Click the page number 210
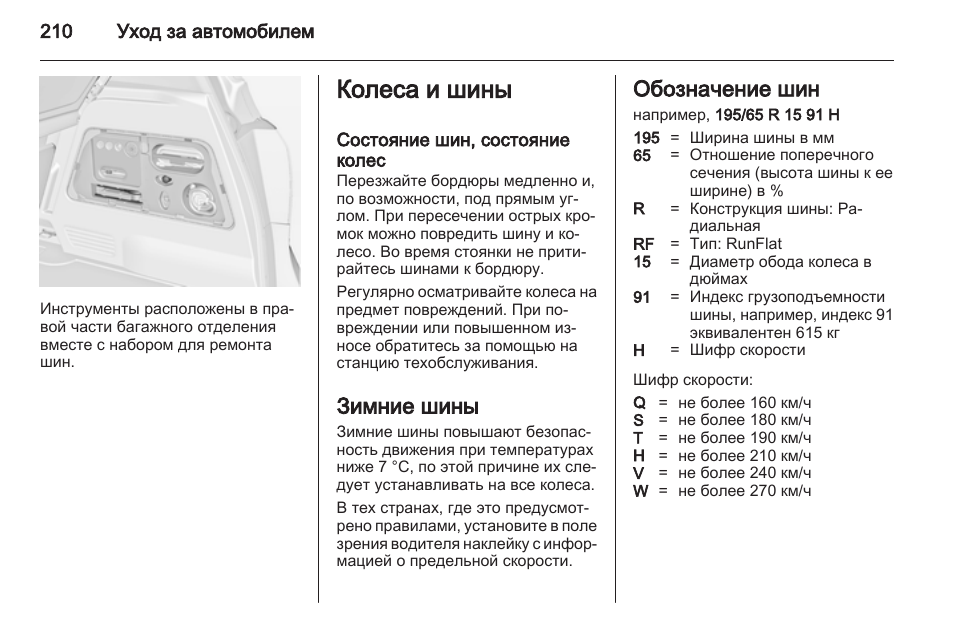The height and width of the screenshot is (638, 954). pos(56,32)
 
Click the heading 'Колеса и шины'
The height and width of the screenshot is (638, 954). pos(424,90)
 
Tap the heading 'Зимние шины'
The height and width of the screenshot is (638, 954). pos(407,406)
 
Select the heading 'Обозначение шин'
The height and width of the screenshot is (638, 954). pos(726,90)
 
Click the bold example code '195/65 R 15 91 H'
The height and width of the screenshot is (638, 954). pos(777,115)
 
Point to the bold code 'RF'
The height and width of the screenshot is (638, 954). pos(643,243)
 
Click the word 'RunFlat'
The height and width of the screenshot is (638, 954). pos(754,243)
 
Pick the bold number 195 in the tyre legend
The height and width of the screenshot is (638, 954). pos(646,138)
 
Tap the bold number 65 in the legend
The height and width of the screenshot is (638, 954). pos(641,155)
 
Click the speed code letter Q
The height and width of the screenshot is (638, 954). pos(640,403)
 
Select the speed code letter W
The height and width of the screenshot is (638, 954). pos(641,491)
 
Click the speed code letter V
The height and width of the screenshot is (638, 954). pos(639,473)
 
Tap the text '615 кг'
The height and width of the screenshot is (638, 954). pos(818,332)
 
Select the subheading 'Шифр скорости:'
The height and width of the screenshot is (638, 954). pos(692,380)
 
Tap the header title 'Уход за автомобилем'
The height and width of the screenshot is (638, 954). pos(215,32)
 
